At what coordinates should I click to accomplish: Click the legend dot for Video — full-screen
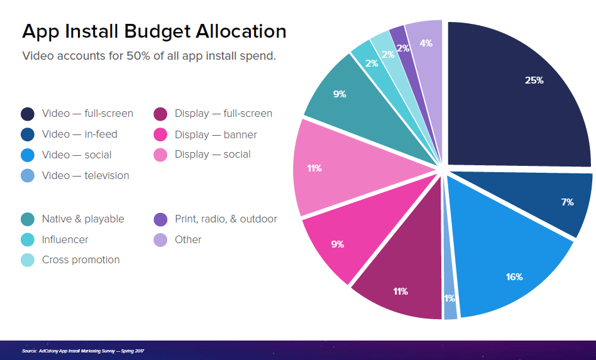click(x=27, y=114)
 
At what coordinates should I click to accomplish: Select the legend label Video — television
click(x=86, y=176)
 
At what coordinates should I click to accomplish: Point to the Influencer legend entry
click(x=65, y=239)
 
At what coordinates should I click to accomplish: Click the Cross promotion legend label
click(x=80, y=259)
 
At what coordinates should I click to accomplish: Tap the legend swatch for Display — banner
click(x=160, y=134)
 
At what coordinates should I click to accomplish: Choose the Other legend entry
click(x=188, y=239)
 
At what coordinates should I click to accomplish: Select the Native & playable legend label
click(x=83, y=219)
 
